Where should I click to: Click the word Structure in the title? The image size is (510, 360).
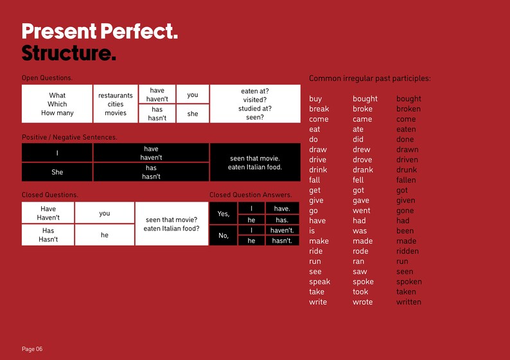(x=69, y=53)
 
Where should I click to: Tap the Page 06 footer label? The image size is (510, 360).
(x=32, y=349)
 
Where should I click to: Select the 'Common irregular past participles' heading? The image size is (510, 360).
(x=369, y=78)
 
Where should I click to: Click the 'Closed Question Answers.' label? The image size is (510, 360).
(x=250, y=194)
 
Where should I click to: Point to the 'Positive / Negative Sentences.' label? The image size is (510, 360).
(x=69, y=137)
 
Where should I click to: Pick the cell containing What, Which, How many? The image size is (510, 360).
(x=57, y=104)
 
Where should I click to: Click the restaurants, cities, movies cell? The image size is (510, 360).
(x=116, y=104)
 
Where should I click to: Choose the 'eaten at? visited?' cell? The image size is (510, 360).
(x=255, y=104)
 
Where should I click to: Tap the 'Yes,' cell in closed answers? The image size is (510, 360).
(x=224, y=214)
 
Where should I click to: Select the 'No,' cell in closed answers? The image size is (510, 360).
(x=224, y=236)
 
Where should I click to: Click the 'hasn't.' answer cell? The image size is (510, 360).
(x=282, y=241)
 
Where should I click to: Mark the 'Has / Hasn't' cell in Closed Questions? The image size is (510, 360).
(x=48, y=235)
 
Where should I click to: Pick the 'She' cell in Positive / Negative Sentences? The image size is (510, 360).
(x=57, y=172)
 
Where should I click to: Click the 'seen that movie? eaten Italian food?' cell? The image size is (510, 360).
(x=171, y=224)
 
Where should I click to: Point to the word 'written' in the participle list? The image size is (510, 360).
(x=409, y=302)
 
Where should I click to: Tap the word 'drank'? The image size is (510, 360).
(x=363, y=170)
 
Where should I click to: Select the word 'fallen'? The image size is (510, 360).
(x=406, y=180)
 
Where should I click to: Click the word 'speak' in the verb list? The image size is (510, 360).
(x=319, y=282)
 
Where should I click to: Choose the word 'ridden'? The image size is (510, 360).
(x=407, y=251)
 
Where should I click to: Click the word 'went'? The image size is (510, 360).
(x=362, y=210)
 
